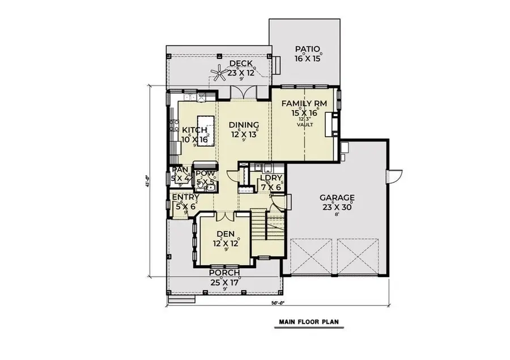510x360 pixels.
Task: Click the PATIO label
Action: (x=308, y=49)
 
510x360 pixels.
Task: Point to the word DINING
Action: (x=244, y=125)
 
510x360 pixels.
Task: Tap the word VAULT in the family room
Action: (x=304, y=125)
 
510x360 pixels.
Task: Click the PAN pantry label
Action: (x=180, y=170)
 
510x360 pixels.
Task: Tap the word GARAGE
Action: (x=337, y=198)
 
